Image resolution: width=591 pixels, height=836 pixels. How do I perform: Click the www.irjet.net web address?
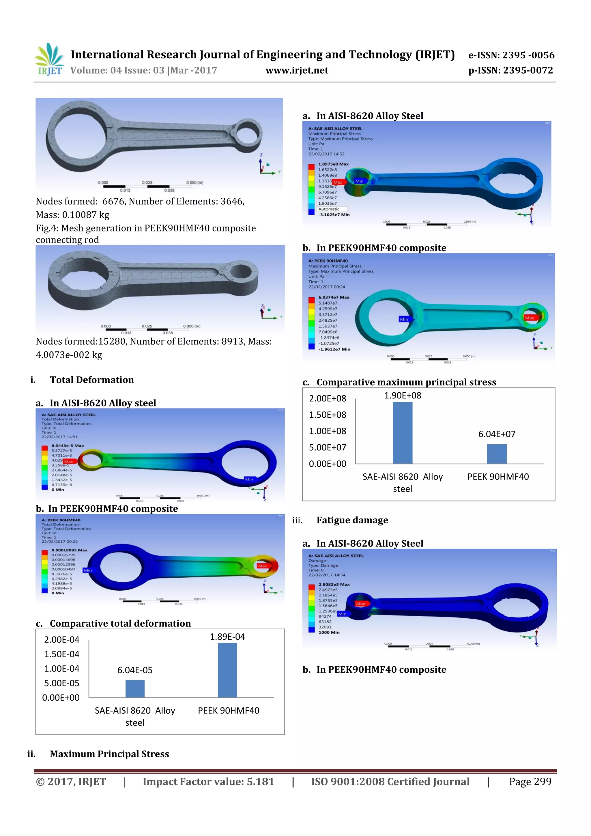[297, 70]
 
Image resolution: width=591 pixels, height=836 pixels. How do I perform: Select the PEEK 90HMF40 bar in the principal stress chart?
[496, 454]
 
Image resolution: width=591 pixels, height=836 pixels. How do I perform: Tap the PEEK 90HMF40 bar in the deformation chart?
[227, 670]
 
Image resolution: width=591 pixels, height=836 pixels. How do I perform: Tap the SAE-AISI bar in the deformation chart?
[135, 688]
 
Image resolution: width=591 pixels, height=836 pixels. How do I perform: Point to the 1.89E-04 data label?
[227, 637]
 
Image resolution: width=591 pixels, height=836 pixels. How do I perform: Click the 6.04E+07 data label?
[496, 434]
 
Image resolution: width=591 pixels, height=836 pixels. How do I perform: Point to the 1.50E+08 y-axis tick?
[327, 415]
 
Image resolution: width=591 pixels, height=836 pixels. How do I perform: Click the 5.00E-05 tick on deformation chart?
[61, 683]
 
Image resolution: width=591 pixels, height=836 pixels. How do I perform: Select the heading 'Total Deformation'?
[92, 380]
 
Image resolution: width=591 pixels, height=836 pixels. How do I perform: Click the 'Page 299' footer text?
[530, 781]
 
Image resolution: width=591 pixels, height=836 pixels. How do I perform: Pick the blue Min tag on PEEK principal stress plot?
[404, 319]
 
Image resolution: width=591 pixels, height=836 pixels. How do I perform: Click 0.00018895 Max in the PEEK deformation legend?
[69, 550]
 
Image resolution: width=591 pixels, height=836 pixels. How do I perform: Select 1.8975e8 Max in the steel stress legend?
[333, 164]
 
